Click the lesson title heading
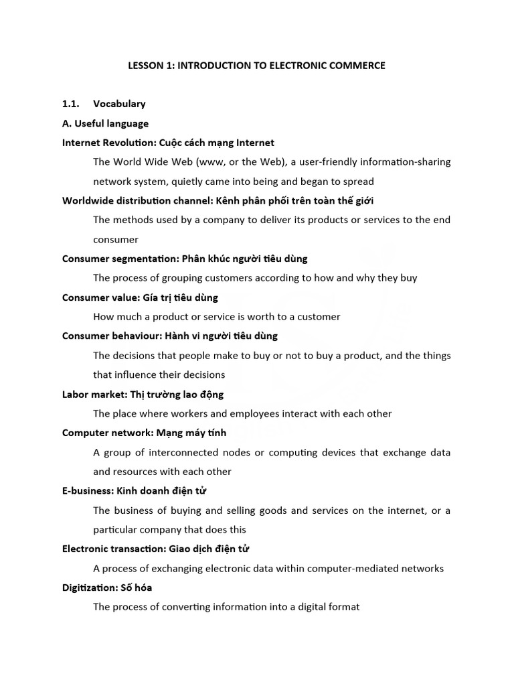[x=257, y=66]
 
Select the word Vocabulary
[x=119, y=104]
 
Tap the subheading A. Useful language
[x=105, y=123]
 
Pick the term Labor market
[x=90, y=395]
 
